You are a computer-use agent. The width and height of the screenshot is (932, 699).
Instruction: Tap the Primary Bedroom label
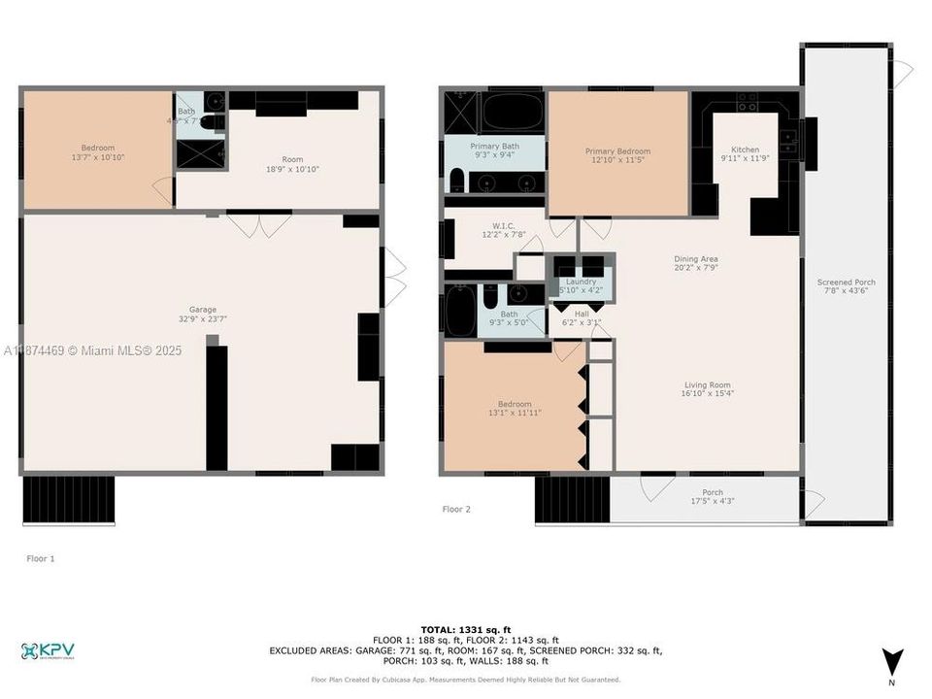617,151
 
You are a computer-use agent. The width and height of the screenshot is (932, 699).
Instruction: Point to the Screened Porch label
845,283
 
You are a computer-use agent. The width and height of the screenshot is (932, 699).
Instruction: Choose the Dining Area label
696,259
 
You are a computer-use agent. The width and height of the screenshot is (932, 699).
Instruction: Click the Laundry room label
580,282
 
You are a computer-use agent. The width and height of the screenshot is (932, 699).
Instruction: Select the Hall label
582,314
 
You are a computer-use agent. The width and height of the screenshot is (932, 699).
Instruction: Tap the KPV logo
48,650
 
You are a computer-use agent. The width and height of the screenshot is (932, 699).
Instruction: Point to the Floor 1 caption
40,558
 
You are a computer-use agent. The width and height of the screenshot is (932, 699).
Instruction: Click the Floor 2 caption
456,509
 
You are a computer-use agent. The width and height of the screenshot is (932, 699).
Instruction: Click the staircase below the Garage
68,499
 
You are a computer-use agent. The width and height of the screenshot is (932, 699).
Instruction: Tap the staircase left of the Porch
572,499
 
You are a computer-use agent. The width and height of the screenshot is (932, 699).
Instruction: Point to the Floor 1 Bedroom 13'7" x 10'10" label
97,152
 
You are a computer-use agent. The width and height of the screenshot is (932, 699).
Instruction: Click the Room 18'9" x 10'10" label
292,164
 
